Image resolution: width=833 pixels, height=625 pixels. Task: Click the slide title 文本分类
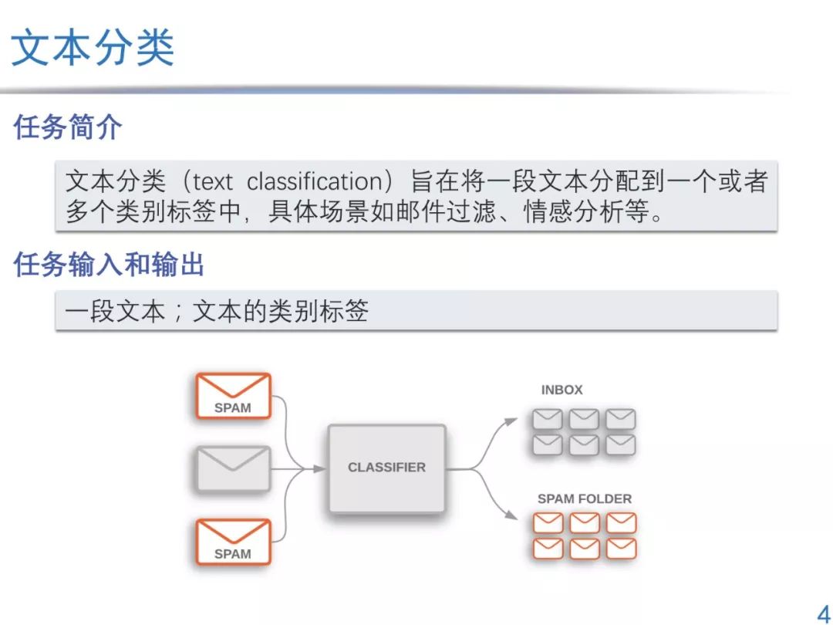coord(93,48)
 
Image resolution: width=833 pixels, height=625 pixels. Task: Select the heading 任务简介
coord(67,127)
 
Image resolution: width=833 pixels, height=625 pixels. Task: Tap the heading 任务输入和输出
coord(109,265)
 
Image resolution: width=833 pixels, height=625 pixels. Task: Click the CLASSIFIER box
coord(386,468)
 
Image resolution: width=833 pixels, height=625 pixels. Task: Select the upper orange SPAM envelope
coord(233,395)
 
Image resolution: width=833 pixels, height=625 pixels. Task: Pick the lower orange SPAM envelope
coord(233,541)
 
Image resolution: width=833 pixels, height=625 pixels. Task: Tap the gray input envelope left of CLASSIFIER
coord(233,468)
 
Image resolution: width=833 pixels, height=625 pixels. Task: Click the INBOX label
coord(562,390)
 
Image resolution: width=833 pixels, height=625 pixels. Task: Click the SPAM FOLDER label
coord(584,498)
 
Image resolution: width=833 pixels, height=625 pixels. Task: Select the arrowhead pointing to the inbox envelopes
coord(511,421)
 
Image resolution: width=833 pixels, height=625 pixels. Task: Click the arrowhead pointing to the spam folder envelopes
coord(511,515)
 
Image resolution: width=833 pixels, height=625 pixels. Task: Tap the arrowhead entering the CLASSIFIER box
coord(319,468)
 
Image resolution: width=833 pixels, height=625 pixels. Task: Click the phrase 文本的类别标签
coord(280,311)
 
